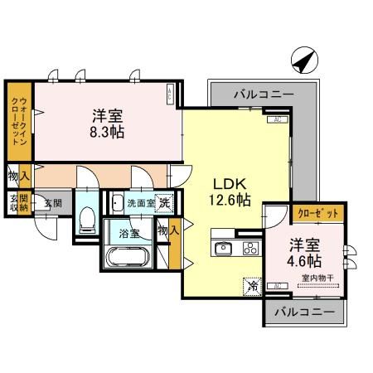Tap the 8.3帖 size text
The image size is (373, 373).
108,132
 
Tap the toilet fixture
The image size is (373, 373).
87,217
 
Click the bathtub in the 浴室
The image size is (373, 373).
128,255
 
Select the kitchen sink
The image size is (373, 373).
224,248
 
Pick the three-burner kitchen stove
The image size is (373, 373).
249,248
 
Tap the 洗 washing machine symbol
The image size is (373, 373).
166,201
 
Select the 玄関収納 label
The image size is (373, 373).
17,203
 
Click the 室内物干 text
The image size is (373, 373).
317,278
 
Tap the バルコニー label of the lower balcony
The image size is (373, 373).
304,312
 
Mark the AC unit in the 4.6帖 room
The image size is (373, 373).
279,286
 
